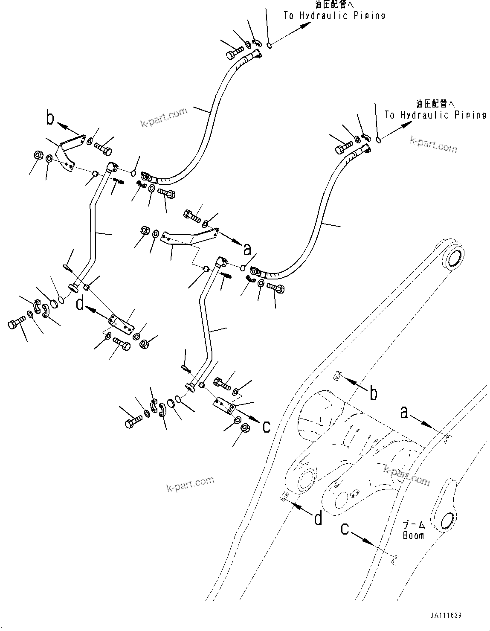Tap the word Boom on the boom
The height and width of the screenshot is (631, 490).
tap(413, 535)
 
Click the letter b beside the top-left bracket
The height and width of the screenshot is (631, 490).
tap(50, 118)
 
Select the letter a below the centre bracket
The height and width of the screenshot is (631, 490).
tap(247, 250)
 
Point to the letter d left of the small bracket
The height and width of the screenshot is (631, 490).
tap(80, 304)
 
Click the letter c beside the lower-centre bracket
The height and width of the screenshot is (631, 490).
tap(267, 427)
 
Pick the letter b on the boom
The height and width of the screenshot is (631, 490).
tap(374, 393)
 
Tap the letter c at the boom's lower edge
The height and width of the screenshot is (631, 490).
tap(345, 529)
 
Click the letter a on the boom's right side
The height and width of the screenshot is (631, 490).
tap(405, 412)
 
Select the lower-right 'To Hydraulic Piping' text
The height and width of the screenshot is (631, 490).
tap(435, 115)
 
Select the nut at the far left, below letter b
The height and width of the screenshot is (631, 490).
tap(38, 154)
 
